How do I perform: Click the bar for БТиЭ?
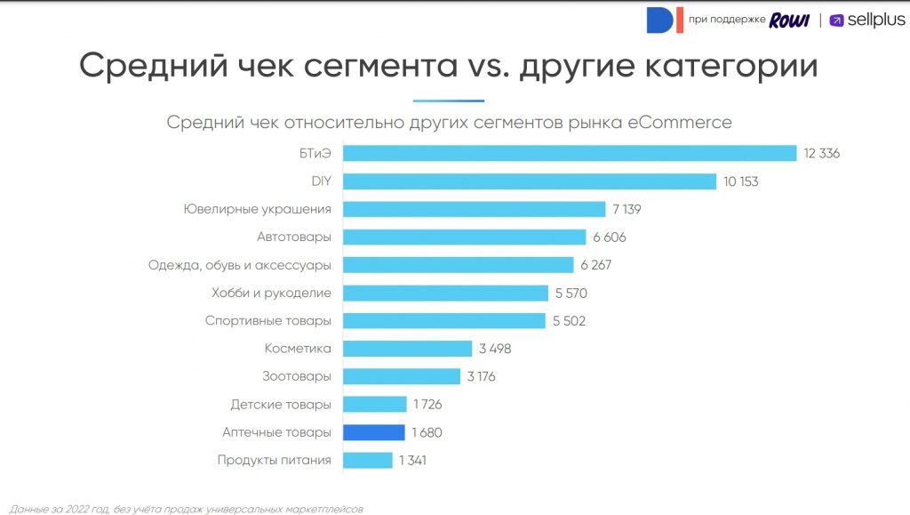coord(569,154)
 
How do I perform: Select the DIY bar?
coord(529,181)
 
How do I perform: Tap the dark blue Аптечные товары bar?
coord(373,432)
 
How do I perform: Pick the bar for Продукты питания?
coord(367,460)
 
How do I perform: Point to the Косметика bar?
coord(407,349)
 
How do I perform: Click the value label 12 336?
coord(821,154)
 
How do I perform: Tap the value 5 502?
coord(569,321)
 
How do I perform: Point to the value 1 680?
coord(427,432)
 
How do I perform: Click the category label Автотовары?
coord(294,237)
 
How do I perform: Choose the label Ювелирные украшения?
coord(258,209)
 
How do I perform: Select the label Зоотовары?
coord(297,376)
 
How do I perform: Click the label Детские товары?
coord(281,405)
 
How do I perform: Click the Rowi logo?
coord(789,20)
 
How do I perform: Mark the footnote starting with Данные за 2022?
coord(187,509)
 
